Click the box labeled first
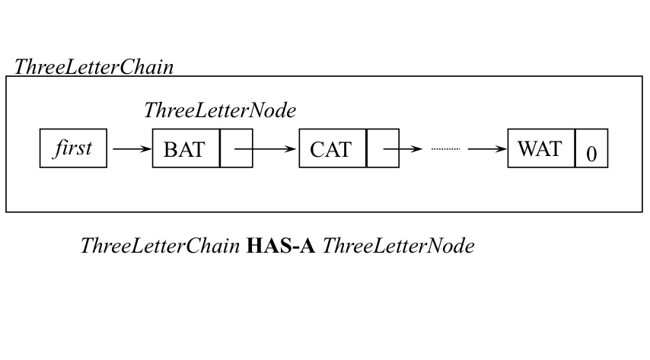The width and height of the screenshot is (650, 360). pyautogui.click(x=73, y=148)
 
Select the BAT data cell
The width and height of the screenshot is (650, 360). pyautogui.click(x=186, y=148)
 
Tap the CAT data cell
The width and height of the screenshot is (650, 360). pyautogui.click(x=332, y=148)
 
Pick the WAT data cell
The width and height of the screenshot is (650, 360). pyautogui.click(x=540, y=148)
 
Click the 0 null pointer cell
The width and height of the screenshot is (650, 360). pyautogui.click(x=591, y=150)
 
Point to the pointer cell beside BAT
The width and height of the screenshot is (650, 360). pyautogui.click(x=236, y=148)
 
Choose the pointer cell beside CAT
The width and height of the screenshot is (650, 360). pyautogui.click(x=382, y=148)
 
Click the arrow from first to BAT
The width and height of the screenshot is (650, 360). pyautogui.click(x=131, y=148)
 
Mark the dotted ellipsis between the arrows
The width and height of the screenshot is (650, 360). pyautogui.click(x=445, y=148)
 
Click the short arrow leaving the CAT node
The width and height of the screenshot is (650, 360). pyautogui.click(x=403, y=148)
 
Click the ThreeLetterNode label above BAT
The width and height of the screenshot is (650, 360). pyautogui.click(x=219, y=110)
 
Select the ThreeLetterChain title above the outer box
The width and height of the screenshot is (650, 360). pyautogui.click(x=94, y=67)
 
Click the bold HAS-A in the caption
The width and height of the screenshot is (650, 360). pyautogui.click(x=281, y=246)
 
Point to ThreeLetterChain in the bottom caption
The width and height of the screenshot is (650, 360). pyautogui.click(x=159, y=246)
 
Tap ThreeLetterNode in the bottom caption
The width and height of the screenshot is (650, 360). pyautogui.click(x=398, y=246)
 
